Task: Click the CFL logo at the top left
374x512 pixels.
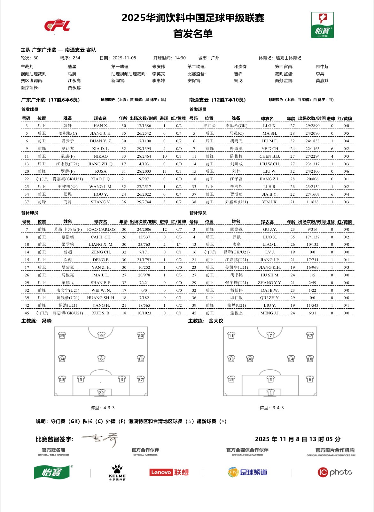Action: pos(57,25)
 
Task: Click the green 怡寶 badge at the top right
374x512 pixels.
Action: pos(322,25)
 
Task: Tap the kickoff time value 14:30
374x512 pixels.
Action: pos(180,58)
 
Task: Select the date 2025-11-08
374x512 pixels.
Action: pos(124,58)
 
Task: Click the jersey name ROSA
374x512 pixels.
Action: pos(101,171)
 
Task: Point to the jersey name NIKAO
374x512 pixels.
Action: pos(101,156)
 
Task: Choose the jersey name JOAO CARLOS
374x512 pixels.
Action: pos(101,230)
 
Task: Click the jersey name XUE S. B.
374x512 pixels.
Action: pos(101,313)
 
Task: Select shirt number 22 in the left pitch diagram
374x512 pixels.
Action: pos(101,392)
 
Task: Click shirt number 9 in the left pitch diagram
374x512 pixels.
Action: pos(101,335)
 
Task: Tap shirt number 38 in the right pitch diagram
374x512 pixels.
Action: pos(250,359)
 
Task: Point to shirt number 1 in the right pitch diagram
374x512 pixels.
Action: pos(270,392)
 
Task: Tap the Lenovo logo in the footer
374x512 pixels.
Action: pos(169,472)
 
